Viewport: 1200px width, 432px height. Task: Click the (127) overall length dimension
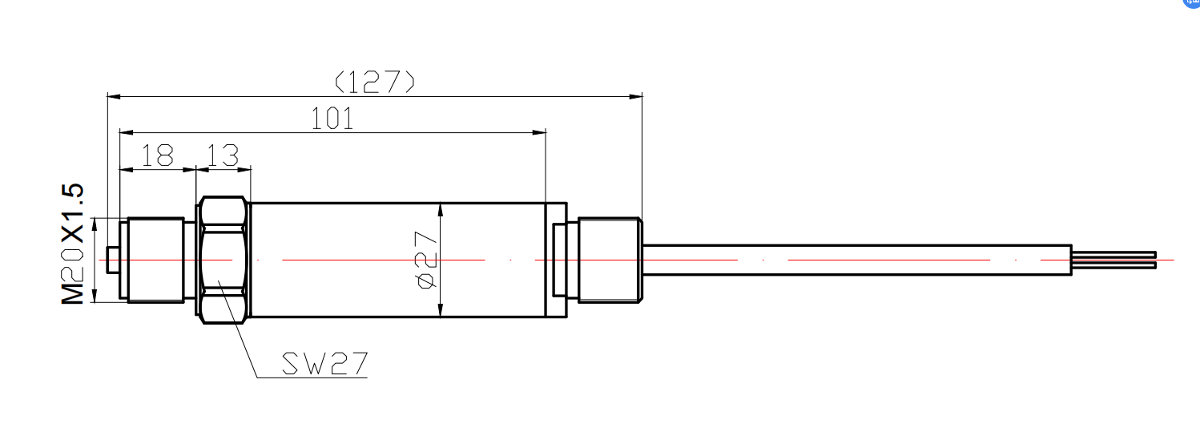coord(375,81)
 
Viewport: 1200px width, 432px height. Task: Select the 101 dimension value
coord(332,119)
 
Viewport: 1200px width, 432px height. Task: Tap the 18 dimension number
coord(157,155)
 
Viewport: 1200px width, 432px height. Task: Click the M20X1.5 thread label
coord(73,244)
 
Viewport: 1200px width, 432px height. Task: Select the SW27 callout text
coord(324,365)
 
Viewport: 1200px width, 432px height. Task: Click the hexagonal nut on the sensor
coord(223,260)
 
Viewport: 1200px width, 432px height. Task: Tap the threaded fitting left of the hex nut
coord(155,260)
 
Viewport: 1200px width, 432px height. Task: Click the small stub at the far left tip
coord(113,260)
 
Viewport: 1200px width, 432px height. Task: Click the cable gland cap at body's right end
coord(610,260)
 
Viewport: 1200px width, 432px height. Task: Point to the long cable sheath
coord(857,260)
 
